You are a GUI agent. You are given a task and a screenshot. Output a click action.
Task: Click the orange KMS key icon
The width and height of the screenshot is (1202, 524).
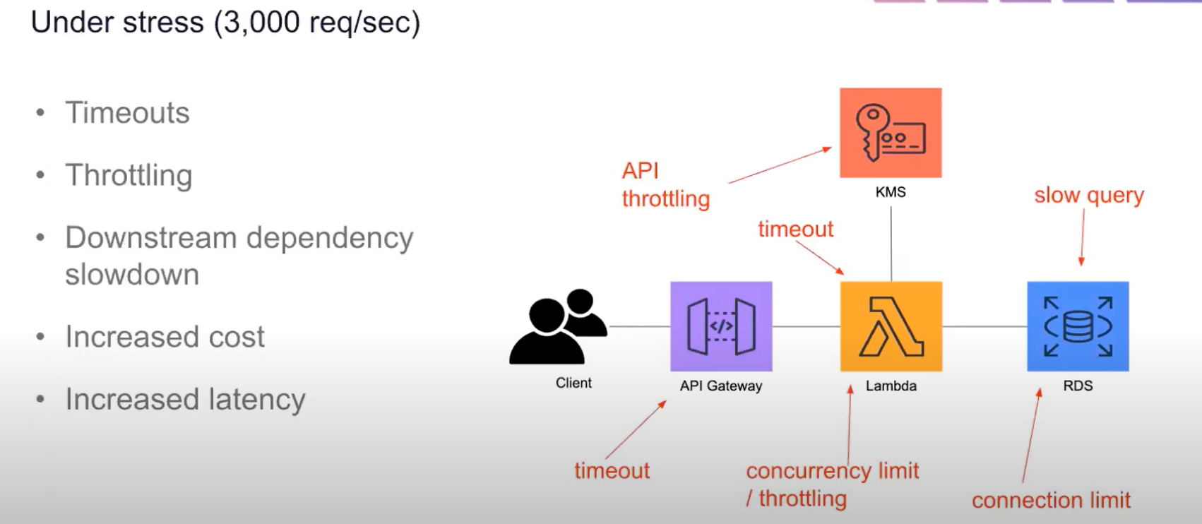[x=890, y=133]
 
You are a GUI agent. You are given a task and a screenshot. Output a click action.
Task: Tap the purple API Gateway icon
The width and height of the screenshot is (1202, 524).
[x=721, y=326]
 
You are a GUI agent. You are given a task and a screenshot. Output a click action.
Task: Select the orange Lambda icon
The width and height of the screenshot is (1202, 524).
[x=891, y=326]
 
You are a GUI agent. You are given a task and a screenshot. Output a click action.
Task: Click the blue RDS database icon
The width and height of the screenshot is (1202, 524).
[x=1078, y=326]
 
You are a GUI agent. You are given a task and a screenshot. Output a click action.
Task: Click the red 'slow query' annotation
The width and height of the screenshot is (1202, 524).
[x=1088, y=195]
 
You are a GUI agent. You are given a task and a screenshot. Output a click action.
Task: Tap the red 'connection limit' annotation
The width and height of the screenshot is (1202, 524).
[x=1051, y=500]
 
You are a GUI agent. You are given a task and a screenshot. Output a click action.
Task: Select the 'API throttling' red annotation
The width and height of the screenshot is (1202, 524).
[x=665, y=184]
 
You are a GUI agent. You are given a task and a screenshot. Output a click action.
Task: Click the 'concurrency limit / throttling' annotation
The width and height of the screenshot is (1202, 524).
[x=832, y=484]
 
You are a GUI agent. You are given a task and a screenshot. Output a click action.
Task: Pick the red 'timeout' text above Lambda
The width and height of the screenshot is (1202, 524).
[x=795, y=229]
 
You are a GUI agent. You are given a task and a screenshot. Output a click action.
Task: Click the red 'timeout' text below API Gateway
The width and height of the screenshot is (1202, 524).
[x=612, y=470]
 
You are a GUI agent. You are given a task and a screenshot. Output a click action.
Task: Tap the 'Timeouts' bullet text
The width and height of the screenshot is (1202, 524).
[x=127, y=113]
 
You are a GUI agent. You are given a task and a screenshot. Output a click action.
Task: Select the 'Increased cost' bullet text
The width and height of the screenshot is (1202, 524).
[x=165, y=337]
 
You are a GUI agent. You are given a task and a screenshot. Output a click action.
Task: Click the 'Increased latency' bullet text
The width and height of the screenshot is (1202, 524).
[x=185, y=399]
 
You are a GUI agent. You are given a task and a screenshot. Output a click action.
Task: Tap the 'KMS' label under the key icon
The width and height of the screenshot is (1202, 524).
[x=890, y=192]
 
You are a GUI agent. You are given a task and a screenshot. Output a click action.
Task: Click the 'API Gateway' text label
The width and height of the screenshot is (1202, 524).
[x=721, y=386]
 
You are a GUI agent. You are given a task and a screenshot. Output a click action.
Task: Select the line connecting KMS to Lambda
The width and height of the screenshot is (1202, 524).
[x=891, y=244]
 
